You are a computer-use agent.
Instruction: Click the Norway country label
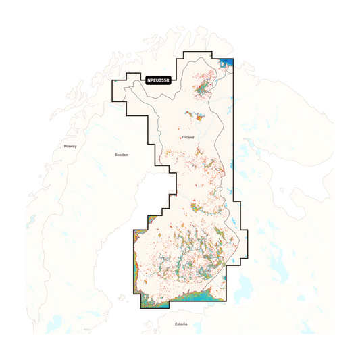70,147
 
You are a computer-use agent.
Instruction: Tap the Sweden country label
121,155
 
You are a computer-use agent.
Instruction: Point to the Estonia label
180,324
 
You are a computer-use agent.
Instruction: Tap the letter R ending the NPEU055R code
168,80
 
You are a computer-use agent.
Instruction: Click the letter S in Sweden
116,155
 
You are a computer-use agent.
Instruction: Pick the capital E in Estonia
174,324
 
